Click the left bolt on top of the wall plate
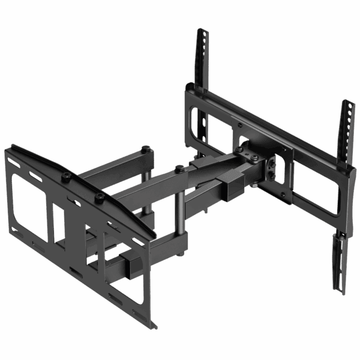(x=67, y=175)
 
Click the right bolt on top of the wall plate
(x=100, y=196)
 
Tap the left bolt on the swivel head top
(x=239, y=149)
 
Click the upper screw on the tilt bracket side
(x=276, y=161)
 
